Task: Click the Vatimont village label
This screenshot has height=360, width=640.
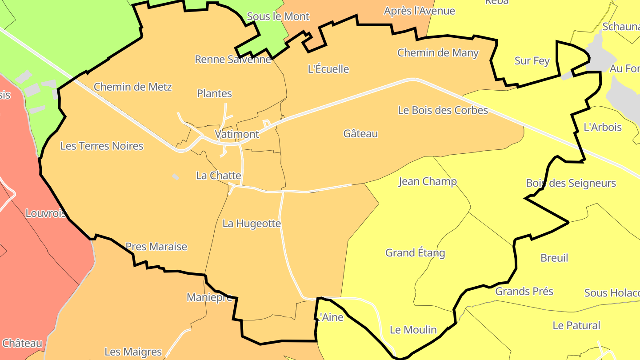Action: click(x=236, y=134)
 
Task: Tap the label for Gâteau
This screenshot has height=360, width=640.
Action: click(x=360, y=133)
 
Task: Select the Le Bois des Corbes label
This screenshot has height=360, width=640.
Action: click(x=443, y=110)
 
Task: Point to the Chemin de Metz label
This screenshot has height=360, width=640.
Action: click(x=132, y=87)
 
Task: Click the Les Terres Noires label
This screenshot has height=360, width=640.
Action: click(x=102, y=146)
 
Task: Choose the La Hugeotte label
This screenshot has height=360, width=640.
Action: click(x=252, y=223)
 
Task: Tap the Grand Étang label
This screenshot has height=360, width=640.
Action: click(x=415, y=253)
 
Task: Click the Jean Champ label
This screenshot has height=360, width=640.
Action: click(x=428, y=181)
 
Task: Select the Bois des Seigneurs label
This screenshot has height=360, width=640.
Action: click(x=571, y=183)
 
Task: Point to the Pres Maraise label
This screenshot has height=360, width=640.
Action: click(x=156, y=247)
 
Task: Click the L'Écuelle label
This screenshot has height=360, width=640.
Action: click(x=328, y=69)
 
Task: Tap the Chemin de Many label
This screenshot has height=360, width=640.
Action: click(x=438, y=53)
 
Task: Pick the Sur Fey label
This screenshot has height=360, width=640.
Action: click(x=532, y=61)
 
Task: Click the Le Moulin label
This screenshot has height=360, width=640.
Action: click(x=413, y=330)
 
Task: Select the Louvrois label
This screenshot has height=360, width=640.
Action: click(x=46, y=213)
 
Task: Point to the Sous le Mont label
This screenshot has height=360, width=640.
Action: click(x=278, y=16)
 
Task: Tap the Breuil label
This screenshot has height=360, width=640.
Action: click(x=554, y=258)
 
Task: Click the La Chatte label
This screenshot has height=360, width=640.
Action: click(x=218, y=176)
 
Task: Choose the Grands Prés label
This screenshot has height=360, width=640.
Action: click(x=524, y=292)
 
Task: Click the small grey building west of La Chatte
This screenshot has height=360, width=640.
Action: click(x=176, y=177)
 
